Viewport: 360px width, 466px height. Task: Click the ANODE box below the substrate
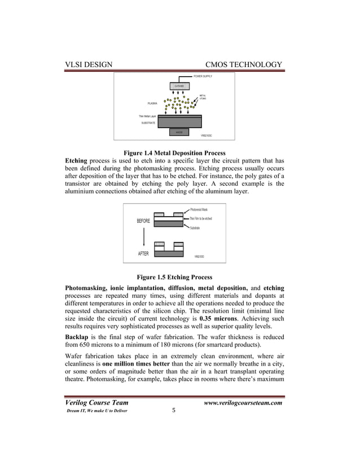179,133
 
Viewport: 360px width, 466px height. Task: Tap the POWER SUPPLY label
205,76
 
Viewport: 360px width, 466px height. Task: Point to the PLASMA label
152,104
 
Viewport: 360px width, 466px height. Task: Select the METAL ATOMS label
203,98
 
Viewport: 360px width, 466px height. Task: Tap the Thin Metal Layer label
148,116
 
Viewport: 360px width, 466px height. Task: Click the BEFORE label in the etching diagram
143,221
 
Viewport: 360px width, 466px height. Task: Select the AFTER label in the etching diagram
144,254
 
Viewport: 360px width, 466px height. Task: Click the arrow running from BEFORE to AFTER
143,238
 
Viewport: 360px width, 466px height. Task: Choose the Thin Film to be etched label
201,218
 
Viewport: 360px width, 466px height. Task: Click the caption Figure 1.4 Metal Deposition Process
174,153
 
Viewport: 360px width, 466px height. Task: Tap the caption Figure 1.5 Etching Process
174,277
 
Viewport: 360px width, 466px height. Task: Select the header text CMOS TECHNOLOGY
244,65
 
